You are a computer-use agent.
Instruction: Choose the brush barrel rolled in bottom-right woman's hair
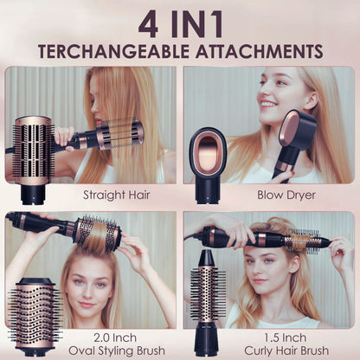coord(299,240)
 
